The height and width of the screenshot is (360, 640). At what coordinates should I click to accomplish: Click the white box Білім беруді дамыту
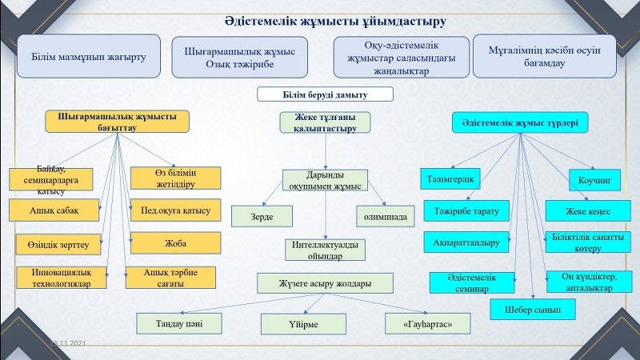point(325,94)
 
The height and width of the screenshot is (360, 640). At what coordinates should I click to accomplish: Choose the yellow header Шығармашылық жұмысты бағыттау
point(118,121)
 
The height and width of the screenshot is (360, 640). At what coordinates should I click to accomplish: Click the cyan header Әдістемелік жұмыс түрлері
point(521,123)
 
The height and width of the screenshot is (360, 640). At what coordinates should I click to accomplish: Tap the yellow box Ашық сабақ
point(54,210)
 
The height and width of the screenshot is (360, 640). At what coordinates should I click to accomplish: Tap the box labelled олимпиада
point(386,216)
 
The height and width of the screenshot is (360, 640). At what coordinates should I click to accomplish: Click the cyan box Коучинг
point(594,180)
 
